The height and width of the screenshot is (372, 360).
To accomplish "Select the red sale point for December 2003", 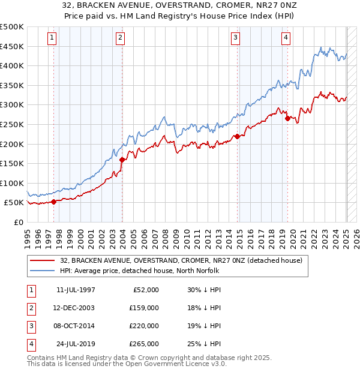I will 122,160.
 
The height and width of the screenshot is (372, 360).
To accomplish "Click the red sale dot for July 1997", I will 53,202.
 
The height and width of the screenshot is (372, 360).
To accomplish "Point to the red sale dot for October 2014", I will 237,136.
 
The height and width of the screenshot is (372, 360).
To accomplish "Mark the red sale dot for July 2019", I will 287,118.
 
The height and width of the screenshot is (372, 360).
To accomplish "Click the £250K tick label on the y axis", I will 12,124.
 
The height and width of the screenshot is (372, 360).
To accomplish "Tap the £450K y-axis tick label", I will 12,46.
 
